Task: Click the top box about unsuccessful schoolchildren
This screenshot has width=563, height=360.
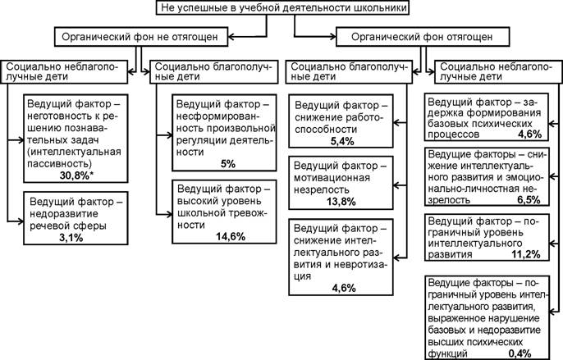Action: [283, 7]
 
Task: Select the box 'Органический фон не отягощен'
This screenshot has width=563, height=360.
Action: [141, 37]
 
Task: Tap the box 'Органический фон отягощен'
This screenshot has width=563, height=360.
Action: [423, 37]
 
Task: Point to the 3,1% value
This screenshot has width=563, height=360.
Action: [71, 237]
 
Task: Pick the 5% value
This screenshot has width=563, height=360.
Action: [227, 164]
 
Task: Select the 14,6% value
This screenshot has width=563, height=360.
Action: [231, 236]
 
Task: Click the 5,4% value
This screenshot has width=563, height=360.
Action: [342, 141]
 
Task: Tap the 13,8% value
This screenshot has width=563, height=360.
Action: [341, 202]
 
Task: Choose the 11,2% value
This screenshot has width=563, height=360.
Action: [525, 254]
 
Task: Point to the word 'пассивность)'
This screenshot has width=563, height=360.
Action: [60, 164]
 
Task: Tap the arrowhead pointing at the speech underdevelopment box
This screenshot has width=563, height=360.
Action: [21, 221]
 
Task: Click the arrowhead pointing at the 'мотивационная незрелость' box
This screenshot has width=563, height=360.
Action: [396, 185]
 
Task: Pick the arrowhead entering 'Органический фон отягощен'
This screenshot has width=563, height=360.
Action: [332, 37]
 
